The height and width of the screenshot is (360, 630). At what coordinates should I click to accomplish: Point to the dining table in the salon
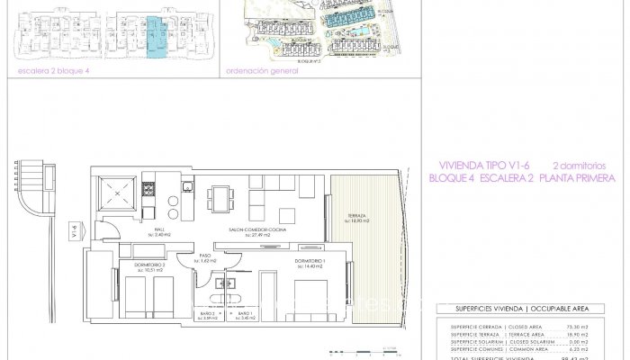[219, 195]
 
